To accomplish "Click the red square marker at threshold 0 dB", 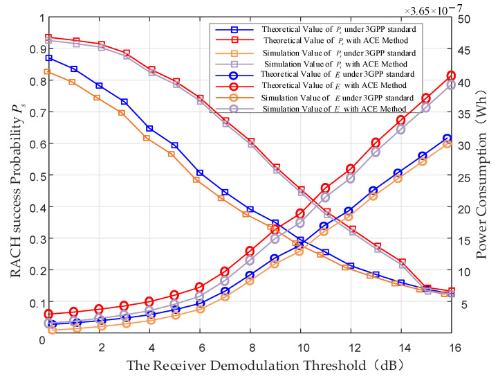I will pyautogui.click(x=49, y=37).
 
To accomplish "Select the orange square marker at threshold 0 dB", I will pyautogui.click(x=48, y=71).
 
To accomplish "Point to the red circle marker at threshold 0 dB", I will pyautogui.click(x=49, y=314).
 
